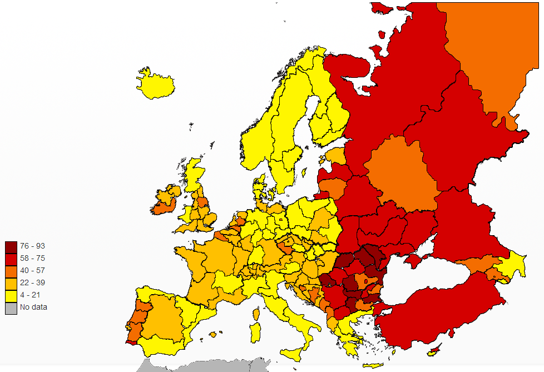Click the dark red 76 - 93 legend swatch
point(11,246)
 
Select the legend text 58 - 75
point(33,259)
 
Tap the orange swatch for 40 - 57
point(11,271)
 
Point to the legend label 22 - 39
point(33,282)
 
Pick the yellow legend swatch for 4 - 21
point(11,295)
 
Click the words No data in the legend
point(33,307)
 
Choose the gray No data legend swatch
point(11,307)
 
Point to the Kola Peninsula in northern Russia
point(345,64)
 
